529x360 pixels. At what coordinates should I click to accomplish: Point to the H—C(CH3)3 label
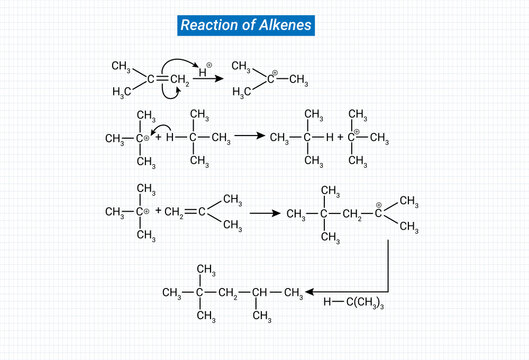point(354,301)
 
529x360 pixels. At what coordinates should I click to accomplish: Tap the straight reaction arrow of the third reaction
point(264,213)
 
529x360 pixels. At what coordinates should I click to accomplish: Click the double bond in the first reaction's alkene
point(159,78)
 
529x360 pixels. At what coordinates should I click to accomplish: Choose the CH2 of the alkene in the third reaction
point(174,212)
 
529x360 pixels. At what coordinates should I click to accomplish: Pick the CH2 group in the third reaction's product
point(353,214)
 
